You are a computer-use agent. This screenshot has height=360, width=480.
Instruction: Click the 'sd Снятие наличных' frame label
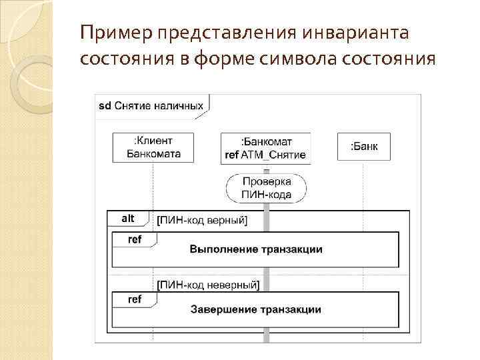click(151, 105)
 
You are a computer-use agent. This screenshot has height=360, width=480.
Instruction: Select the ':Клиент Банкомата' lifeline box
click(153, 147)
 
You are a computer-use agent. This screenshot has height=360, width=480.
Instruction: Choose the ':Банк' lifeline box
click(363, 147)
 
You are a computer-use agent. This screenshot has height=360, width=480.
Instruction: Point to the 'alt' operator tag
click(127, 218)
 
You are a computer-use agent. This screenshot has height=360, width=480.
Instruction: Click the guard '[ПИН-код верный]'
click(201, 221)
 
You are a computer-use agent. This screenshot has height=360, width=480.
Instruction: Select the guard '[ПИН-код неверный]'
click(207, 285)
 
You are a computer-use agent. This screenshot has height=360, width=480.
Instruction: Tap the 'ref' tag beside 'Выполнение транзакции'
click(134, 239)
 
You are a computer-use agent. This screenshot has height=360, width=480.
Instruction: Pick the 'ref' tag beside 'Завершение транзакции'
click(134, 299)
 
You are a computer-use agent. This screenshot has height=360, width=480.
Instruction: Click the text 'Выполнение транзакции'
click(256, 249)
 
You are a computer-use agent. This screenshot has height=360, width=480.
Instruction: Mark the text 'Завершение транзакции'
click(256, 309)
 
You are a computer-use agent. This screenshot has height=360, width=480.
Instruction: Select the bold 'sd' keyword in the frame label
click(105, 105)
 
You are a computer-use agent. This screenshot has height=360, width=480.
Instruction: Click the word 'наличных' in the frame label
click(181, 105)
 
